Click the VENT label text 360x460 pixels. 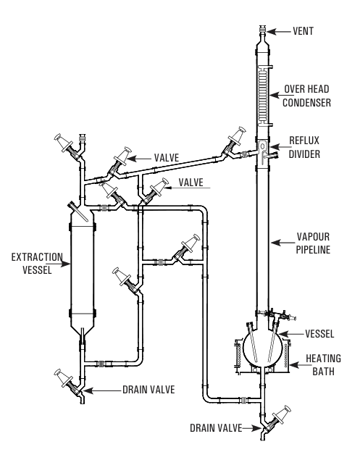pos(303,31)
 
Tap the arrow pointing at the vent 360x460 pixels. pos(278,31)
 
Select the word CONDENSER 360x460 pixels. pos(306,103)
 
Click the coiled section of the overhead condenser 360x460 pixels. pos(263,96)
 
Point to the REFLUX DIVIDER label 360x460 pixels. pos(304,147)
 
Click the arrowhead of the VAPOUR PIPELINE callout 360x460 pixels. pos(275,243)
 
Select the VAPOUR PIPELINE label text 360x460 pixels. pos(313,243)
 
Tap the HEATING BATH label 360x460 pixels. pos(323,365)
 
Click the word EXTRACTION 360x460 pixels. pos(37,257)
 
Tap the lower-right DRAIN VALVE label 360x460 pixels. pos(216,428)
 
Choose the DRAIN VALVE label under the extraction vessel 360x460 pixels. pos(148,390)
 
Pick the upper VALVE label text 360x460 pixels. pos(167,158)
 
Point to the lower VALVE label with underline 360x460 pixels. pos(191,183)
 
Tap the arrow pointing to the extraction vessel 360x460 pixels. pos(62,264)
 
